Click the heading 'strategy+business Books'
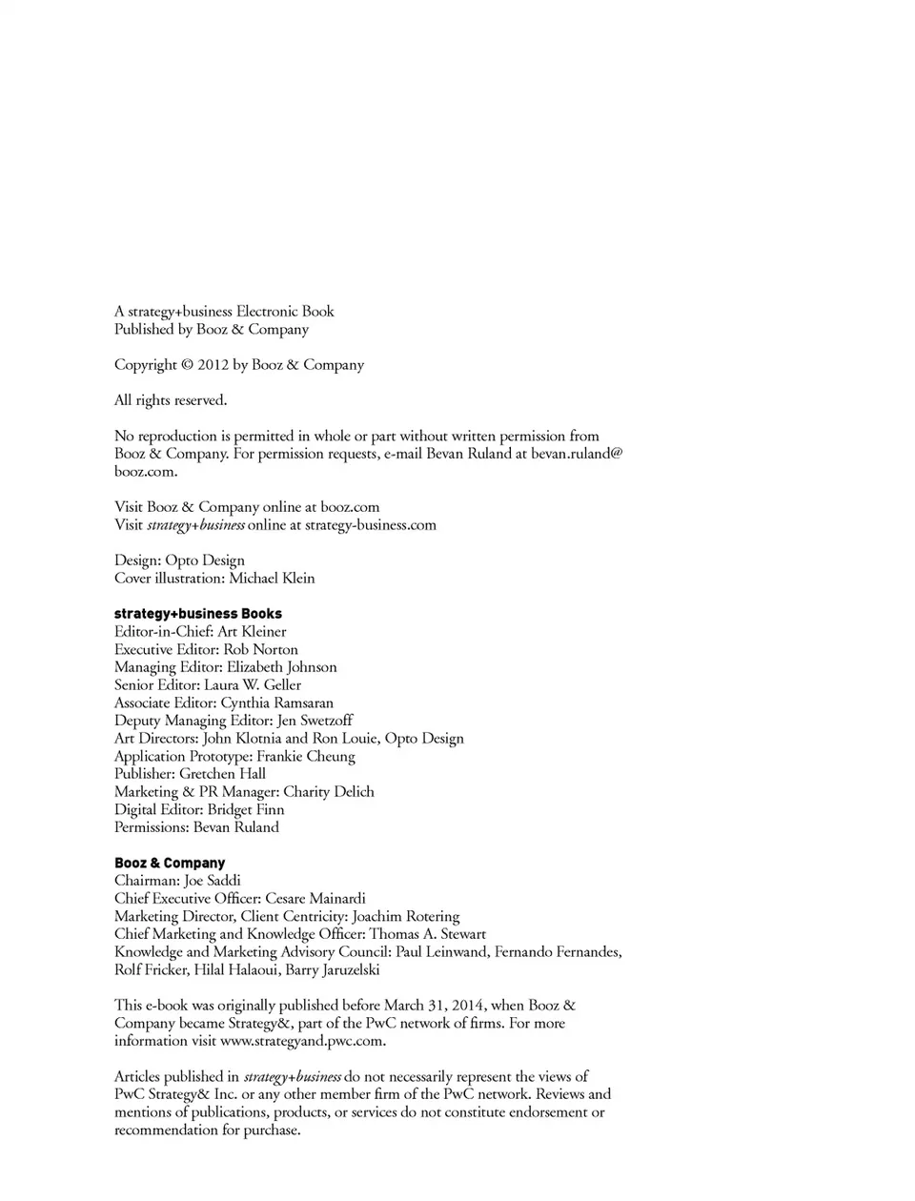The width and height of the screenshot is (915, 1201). [x=198, y=614]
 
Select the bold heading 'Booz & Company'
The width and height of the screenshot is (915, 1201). [x=170, y=863]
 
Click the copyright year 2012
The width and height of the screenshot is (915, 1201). [x=213, y=365]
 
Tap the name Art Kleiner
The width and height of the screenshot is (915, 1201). [x=252, y=631]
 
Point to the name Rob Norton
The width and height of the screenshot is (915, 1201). [x=260, y=649]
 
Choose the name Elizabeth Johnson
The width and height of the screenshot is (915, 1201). [x=281, y=667]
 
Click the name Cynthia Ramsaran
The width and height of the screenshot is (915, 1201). [x=276, y=702]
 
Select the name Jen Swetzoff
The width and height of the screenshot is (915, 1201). [x=315, y=721]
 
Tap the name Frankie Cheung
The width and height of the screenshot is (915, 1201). [x=305, y=756]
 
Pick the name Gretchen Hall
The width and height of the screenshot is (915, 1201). [x=222, y=774]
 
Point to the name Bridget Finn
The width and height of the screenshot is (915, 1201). [x=245, y=809]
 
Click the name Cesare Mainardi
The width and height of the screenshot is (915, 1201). [x=315, y=898]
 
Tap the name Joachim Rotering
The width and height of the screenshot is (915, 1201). [x=405, y=916]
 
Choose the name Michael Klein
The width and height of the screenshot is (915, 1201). [x=272, y=578]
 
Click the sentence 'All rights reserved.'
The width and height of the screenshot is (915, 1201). [x=171, y=400]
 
